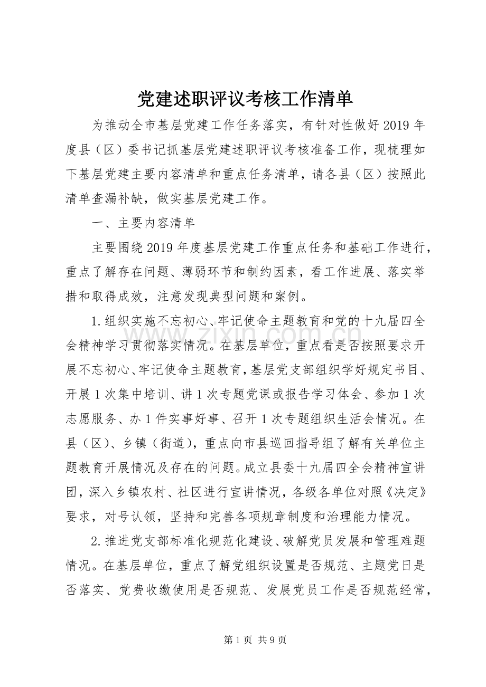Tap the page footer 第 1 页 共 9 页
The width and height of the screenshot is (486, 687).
(x=244, y=640)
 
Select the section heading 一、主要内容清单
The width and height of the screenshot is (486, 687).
(x=143, y=223)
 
